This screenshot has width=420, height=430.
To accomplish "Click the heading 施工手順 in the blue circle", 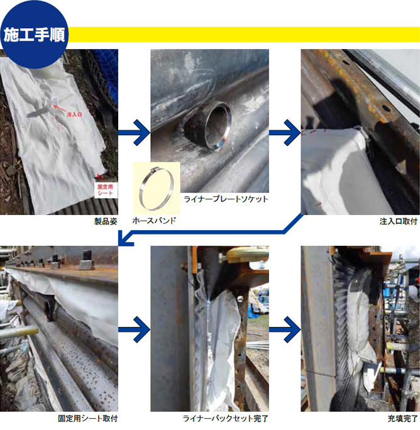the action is pos(35,35).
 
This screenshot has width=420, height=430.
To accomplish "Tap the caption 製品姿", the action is pos(106,221).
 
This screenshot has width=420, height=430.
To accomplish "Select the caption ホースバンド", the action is pos(154,221).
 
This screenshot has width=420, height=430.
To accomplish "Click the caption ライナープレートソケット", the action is pos(226,199).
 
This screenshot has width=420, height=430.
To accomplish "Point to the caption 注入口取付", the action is pos(399,221).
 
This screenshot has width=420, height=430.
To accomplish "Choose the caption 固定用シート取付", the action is pos(88,419).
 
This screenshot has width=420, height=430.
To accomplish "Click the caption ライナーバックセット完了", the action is pos(226,419).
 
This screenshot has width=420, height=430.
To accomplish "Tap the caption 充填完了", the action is pos(402,419).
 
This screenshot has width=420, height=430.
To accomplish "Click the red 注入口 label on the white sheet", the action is pos(74,114).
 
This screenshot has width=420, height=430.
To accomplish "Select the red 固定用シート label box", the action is pos(106,190).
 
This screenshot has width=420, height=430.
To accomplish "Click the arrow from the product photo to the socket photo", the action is pos(134,133).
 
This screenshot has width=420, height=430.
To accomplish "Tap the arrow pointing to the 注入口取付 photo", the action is pos(285,133).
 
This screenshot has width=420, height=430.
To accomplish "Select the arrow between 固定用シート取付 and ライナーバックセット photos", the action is pos(134,329).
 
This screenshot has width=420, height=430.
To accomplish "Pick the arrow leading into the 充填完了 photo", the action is pos(285,329).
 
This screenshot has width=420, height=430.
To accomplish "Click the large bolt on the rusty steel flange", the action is pos(87,260).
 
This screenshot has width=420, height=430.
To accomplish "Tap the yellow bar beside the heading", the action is pos(244,35).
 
